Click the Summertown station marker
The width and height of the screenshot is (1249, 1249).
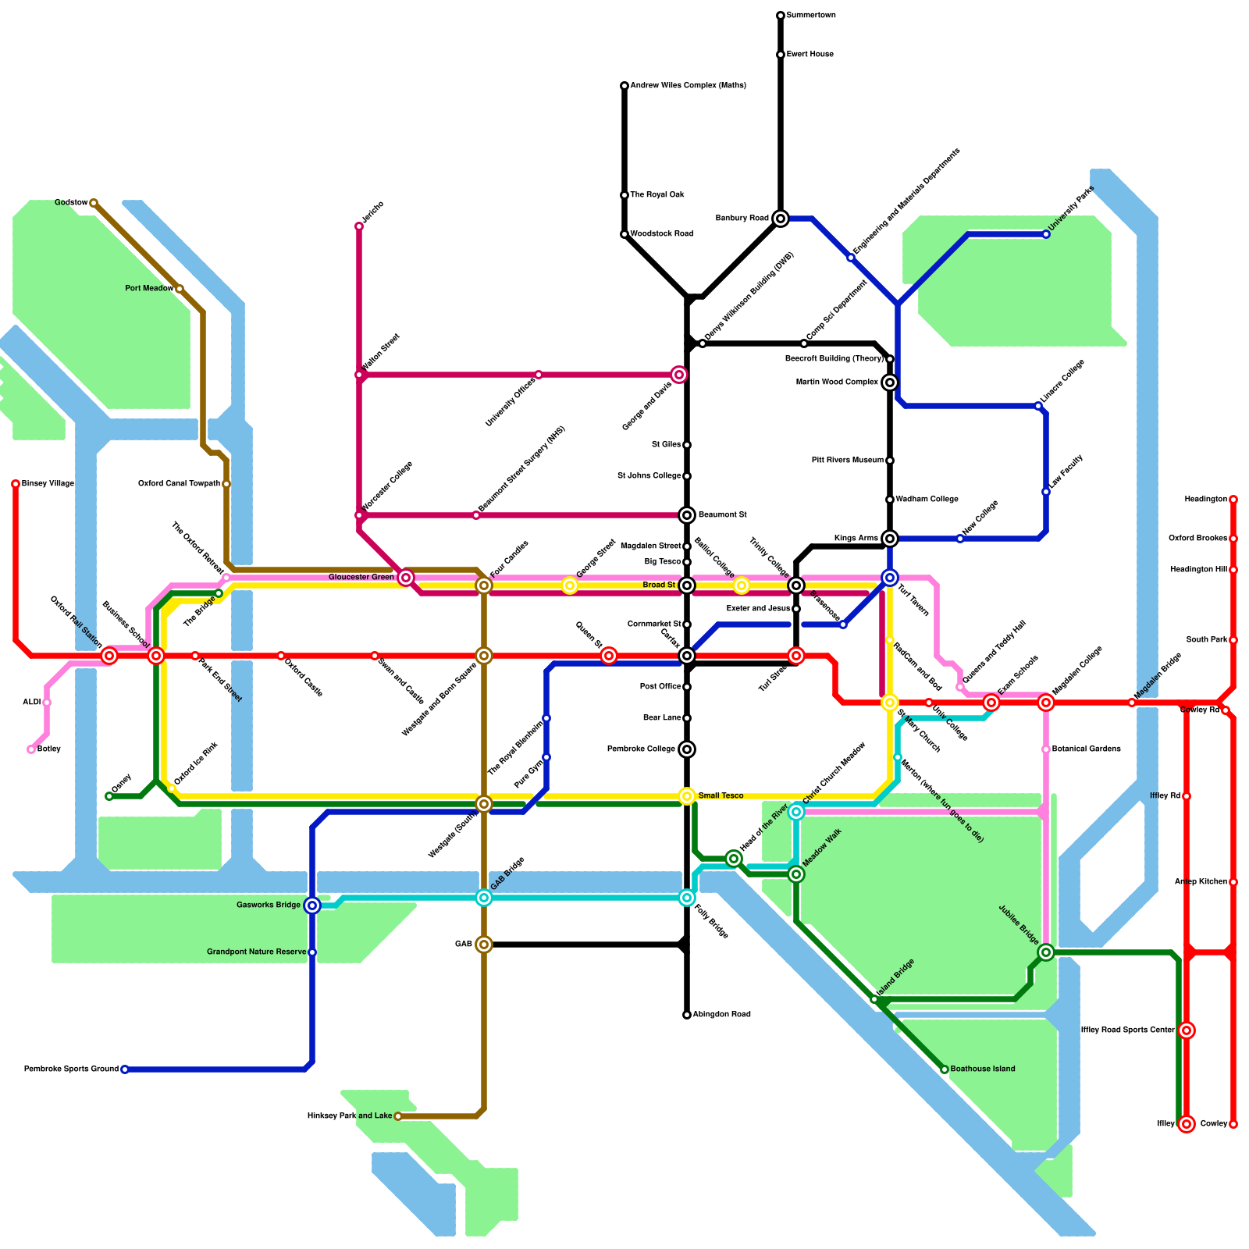point(781,16)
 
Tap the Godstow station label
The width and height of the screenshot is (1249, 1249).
point(70,203)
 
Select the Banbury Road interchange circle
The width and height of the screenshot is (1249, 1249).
point(781,219)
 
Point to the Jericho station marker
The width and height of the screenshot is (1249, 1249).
point(359,226)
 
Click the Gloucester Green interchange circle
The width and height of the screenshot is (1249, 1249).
point(405,578)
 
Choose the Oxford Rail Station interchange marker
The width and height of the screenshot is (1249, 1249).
point(109,656)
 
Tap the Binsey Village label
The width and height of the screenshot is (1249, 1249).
point(48,484)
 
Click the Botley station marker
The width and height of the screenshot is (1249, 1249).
point(31,749)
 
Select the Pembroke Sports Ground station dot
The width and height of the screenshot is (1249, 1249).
point(125,1069)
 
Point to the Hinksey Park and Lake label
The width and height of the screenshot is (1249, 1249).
point(350,1116)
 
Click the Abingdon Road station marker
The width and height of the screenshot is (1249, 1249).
point(687,1015)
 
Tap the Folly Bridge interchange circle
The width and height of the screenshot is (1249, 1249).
point(687,898)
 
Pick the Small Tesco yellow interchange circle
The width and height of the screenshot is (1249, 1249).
point(687,796)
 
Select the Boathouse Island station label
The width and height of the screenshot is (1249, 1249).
point(983,1069)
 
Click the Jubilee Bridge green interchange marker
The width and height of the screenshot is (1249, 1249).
point(1046,952)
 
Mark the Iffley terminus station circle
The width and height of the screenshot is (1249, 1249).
point(1187,1124)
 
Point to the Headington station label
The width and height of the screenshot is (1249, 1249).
point(1205,500)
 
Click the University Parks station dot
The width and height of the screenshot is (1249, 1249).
point(1046,234)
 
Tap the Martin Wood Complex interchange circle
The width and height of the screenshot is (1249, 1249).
point(890,383)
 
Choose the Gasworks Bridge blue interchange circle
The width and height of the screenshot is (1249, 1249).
point(312,906)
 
